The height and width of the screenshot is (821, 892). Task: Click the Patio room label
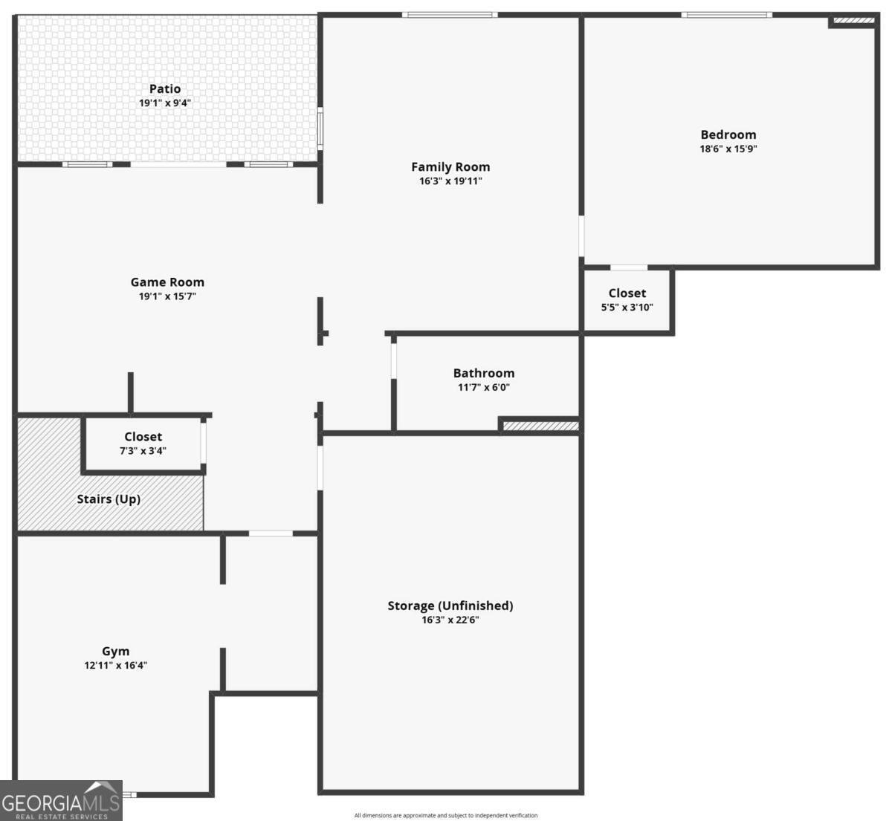point(164,88)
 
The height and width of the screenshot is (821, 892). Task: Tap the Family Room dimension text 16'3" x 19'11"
point(450,181)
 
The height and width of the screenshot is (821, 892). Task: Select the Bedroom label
point(728,134)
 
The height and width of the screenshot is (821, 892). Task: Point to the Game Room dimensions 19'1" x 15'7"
point(167,296)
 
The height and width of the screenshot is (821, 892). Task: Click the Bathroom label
point(484,373)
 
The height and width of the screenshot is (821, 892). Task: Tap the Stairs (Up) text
point(109,499)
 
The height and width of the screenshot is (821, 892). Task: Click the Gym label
point(116,651)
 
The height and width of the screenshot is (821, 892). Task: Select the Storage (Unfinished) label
point(450,606)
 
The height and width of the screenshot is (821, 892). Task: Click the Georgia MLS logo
point(61,800)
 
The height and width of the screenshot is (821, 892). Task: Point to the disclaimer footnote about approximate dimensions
point(446,815)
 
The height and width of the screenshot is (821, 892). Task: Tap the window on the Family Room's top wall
point(450,15)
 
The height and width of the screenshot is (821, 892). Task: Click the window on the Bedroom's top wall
point(726,15)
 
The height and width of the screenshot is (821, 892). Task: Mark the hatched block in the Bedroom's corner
point(854,21)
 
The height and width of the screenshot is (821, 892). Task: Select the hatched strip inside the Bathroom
point(540,426)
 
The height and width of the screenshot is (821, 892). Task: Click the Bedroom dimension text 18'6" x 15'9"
point(728,149)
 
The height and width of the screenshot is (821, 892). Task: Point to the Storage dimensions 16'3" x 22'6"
point(450,620)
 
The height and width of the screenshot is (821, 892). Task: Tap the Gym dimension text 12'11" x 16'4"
point(116,666)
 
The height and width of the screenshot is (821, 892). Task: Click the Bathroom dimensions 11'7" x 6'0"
point(484,387)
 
